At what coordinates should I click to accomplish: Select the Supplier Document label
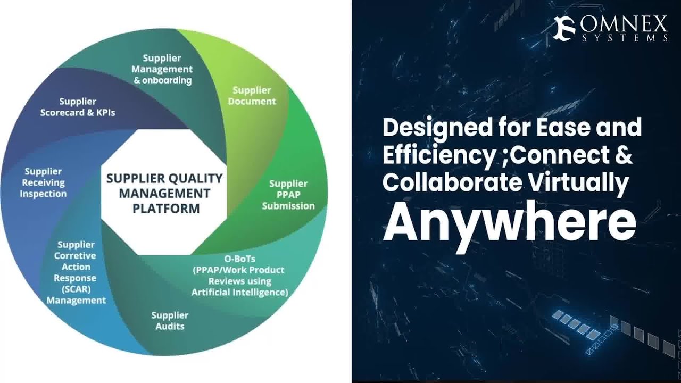(252, 96)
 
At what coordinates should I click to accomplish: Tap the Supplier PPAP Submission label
(288, 195)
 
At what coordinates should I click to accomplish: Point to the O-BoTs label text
(239, 259)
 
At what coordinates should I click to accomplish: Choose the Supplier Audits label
(170, 320)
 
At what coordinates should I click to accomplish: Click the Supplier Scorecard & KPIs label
(78, 107)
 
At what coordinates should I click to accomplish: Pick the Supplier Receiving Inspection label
(43, 182)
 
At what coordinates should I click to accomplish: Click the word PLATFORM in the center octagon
(166, 207)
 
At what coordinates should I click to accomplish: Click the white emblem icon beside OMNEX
(564, 28)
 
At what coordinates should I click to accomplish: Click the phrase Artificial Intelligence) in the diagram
(240, 292)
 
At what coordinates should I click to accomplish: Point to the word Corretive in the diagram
(76, 256)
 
